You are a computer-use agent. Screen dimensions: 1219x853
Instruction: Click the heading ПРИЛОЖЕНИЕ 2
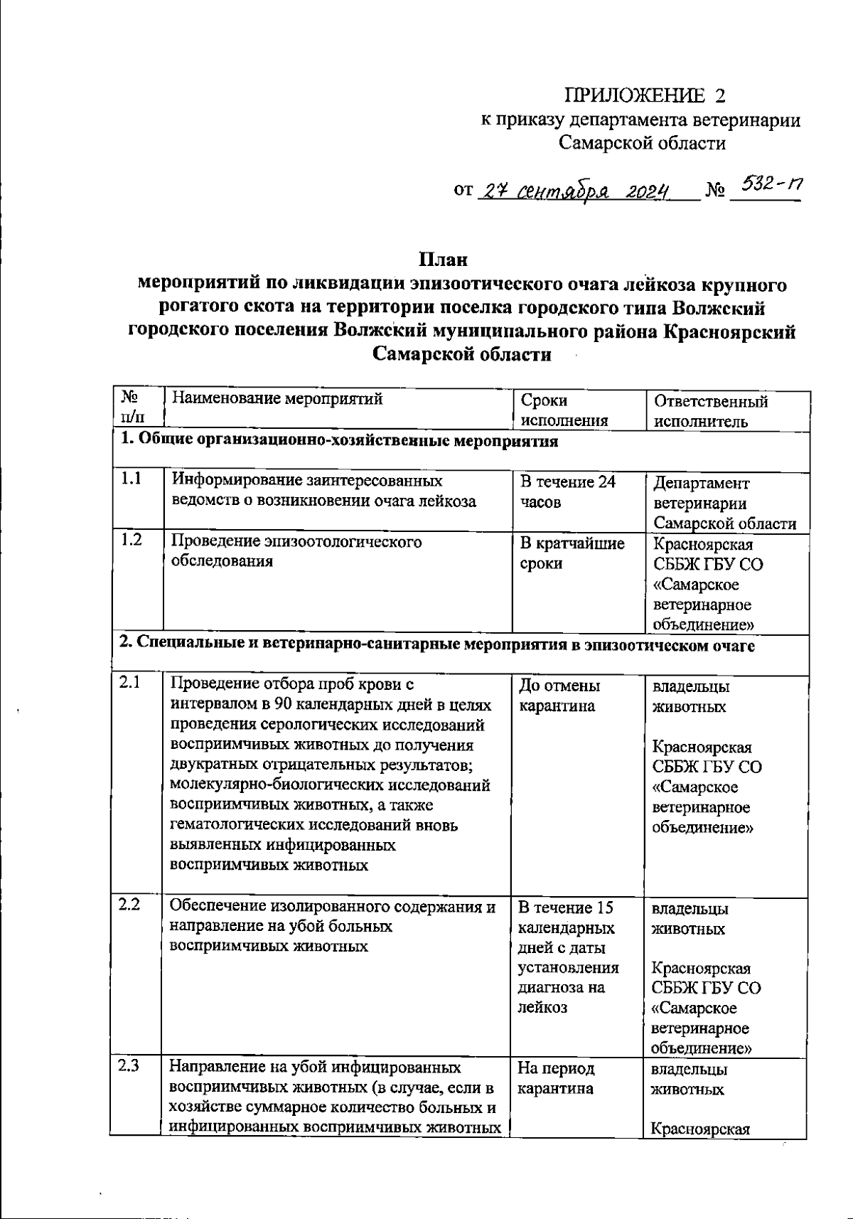click(646, 95)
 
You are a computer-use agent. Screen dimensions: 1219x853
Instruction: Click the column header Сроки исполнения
click(564, 410)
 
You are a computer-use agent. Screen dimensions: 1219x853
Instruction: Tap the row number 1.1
click(131, 480)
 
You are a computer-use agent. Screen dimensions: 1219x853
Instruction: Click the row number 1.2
click(131, 541)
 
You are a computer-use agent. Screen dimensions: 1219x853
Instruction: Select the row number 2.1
click(129, 683)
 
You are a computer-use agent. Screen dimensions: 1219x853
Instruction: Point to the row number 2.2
click(129, 905)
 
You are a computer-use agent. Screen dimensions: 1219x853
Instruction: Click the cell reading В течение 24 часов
click(567, 492)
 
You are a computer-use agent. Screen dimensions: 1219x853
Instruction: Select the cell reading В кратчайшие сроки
click(572, 553)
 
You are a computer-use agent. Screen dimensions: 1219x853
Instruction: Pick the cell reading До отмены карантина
click(559, 696)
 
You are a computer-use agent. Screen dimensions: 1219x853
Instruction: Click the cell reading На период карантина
click(556, 1078)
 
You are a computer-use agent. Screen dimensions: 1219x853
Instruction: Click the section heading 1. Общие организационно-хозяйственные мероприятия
click(338, 441)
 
